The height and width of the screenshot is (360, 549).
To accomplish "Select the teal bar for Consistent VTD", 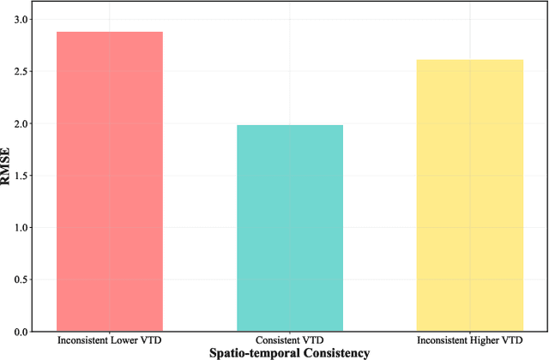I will point(290,228).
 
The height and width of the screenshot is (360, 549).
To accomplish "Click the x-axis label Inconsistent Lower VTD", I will point(109,340).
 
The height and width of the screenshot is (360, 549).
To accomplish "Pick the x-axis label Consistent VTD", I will point(290,340).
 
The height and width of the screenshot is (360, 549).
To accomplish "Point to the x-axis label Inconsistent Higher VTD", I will point(470,340).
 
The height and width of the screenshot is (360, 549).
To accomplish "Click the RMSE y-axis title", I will point(7,175).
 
